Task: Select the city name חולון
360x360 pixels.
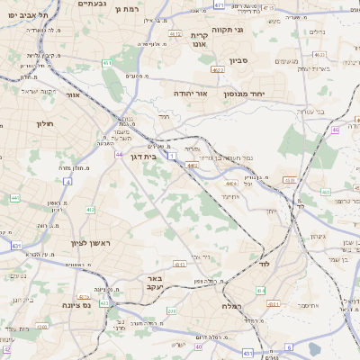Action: click(46, 123)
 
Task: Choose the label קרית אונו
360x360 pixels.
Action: click(199, 39)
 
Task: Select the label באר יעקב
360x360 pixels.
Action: click(154, 283)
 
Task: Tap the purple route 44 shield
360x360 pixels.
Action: click(119, 155)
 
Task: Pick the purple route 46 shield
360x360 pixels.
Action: click(335, 130)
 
